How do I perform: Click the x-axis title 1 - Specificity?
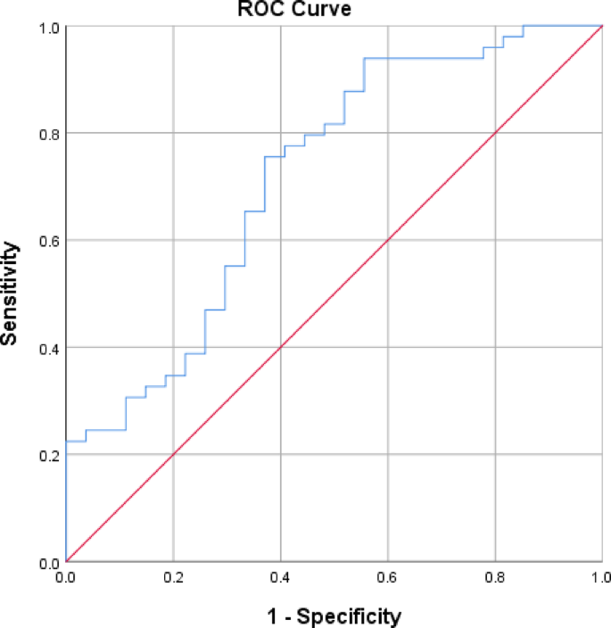pyautogui.click(x=334, y=616)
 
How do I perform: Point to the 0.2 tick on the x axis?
pyautogui.click(x=173, y=578)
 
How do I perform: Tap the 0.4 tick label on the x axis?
pyautogui.click(x=280, y=578)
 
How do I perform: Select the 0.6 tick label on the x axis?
pyautogui.click(x=388, y=578)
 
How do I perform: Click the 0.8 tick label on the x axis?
pyautogui.click(x=495, y=578)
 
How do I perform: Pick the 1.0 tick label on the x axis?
pyautogui.click(x=599, y=578)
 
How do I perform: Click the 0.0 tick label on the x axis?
pyautogui.click(x=66, y=578)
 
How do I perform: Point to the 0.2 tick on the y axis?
pyautogui.click(x=48, y=455)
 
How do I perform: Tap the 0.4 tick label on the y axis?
pyautogui.click(x=48, y=348)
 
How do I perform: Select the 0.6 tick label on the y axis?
pyautogui.click(x=48, y=241)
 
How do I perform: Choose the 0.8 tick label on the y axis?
pyautogui.click(x=48, y=134)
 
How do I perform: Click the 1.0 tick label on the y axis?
pyautogui.click(x=48, y=27)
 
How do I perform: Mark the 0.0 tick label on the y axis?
pyautogui.click(x=48, y=562)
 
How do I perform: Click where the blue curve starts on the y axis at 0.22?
pyautogui.click(x=67, y=442)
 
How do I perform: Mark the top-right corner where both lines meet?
pyautogui.click(x=602, y=26)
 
